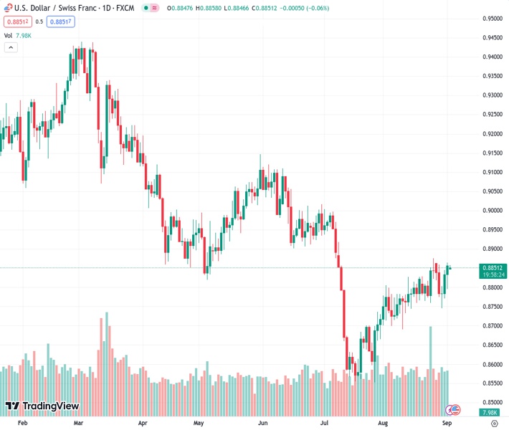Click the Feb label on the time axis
click(22, 424)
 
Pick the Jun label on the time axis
click(262, 424)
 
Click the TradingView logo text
click(49, 406)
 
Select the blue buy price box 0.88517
click(62, 21)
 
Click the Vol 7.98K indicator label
click(18, 34)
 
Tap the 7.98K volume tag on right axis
click(491, 412)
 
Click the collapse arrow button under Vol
click(11, 47)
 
